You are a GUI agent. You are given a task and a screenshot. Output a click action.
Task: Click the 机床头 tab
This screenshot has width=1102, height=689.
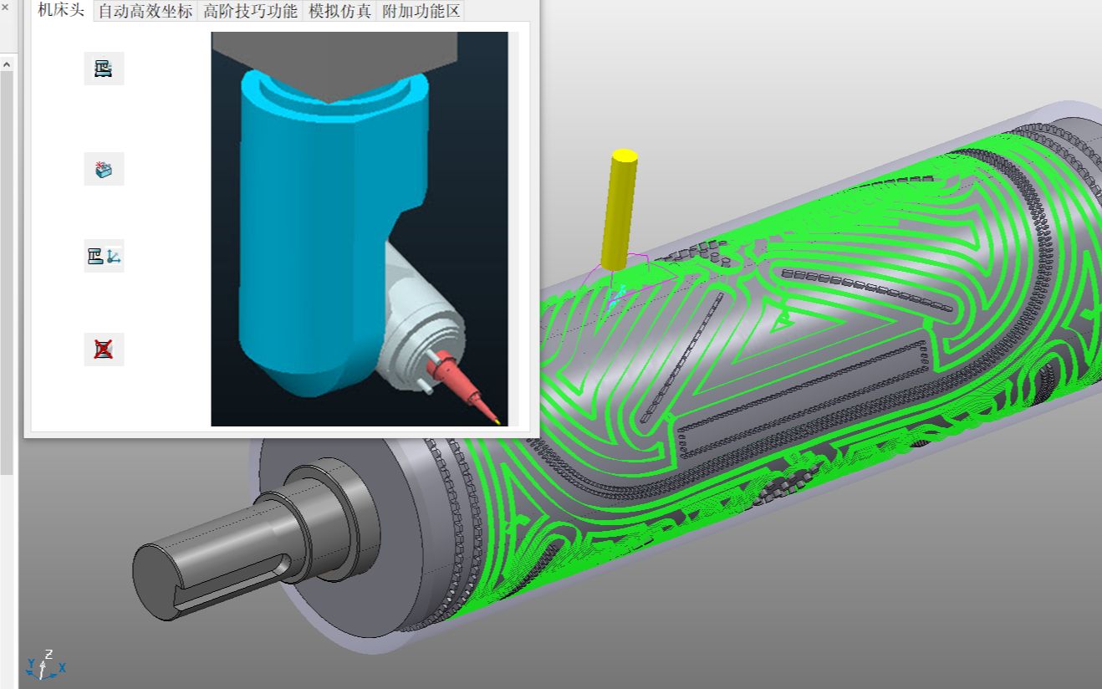[61, 10]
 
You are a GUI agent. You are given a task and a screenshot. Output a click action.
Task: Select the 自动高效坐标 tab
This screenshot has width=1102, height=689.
[145, 11]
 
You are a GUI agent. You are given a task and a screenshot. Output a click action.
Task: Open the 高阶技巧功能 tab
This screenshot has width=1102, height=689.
[250, 11]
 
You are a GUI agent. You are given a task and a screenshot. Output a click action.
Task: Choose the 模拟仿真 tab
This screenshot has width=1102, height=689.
[339, 11]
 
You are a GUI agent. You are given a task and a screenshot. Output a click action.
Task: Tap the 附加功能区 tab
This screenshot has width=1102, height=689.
[421, 11]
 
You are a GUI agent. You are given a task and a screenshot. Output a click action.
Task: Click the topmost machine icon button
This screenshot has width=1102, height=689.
[104, 69]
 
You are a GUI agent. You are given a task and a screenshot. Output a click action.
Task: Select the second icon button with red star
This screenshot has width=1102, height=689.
[104, 169]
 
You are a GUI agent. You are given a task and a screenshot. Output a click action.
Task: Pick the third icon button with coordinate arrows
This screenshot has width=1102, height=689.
[104, 256]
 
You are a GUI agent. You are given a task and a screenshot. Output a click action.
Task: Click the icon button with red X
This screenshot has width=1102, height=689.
[104, 350]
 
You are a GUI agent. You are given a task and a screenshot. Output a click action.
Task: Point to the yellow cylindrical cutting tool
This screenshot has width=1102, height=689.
[619, 210]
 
